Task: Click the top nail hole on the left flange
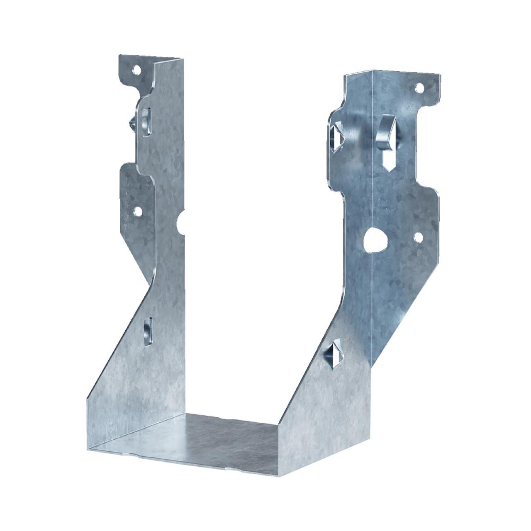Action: (136, 71)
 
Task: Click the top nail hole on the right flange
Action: (420, 88)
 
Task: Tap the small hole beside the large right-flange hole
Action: (418, 237)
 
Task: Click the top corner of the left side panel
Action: (183, 59)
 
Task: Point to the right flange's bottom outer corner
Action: (373, 368)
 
